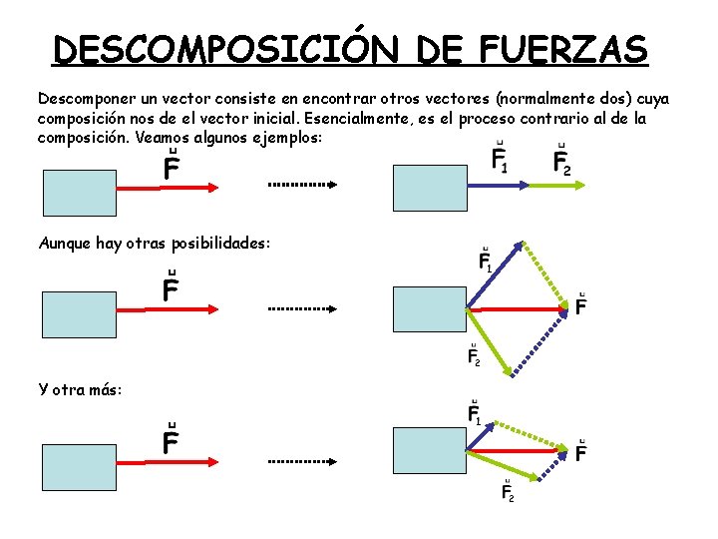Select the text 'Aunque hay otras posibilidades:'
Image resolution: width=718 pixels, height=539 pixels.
(155, 243)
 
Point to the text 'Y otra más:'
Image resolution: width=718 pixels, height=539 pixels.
(81, 388)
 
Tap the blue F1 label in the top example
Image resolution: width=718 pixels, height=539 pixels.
(500, 160)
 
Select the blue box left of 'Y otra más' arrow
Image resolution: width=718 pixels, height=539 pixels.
(80, 465)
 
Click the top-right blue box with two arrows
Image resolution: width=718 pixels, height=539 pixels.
(431, 187)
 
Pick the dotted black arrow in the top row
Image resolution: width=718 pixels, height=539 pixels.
(303, 185)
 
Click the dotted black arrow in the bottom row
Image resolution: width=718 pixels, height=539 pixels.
(303, 463)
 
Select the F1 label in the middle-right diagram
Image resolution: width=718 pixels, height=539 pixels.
(486, 262)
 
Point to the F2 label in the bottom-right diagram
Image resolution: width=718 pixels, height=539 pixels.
(507, 490)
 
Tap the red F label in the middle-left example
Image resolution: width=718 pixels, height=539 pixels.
(172, 288)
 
